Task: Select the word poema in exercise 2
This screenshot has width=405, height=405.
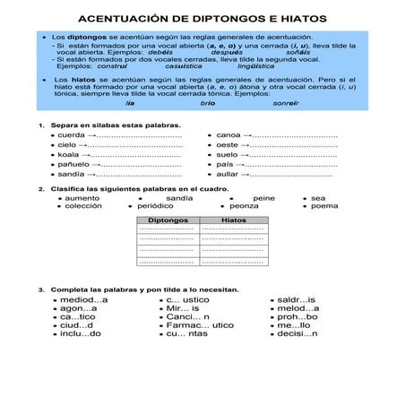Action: point(324,206)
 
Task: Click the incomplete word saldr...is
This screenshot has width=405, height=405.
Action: point(296,300)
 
